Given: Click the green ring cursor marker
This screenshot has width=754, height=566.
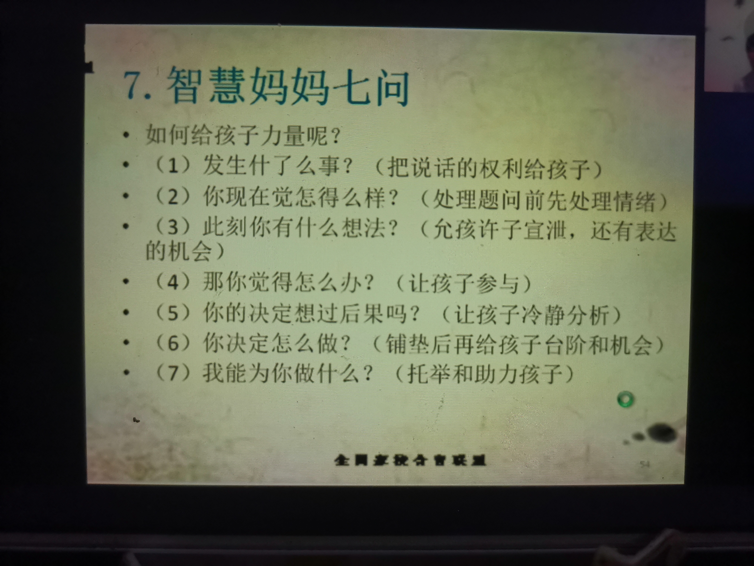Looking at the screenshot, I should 625,399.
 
